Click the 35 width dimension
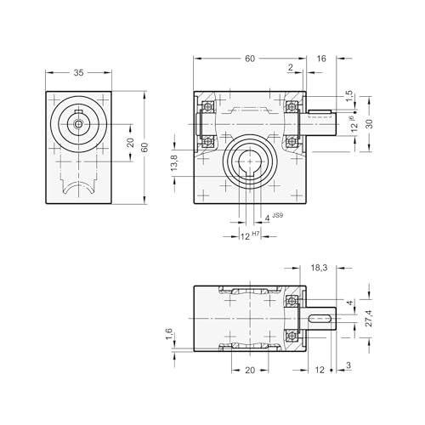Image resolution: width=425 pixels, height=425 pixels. (78, 74)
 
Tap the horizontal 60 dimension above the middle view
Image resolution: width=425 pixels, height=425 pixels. (249, 59)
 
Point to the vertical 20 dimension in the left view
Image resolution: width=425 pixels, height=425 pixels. (130, 143)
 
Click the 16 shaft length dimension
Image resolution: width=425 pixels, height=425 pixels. (320, 59)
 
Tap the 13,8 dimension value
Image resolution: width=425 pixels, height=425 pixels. (174, 163)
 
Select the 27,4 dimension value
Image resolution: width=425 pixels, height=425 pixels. (368, 317)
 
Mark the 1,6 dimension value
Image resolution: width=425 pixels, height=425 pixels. (169, 335)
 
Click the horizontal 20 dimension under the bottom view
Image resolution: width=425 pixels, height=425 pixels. (249, 371)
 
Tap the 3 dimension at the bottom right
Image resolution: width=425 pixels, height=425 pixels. (348, 365)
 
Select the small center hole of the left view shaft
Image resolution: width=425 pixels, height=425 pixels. (78, 124)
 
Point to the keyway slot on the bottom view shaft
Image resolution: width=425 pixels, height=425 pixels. (321, 319)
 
